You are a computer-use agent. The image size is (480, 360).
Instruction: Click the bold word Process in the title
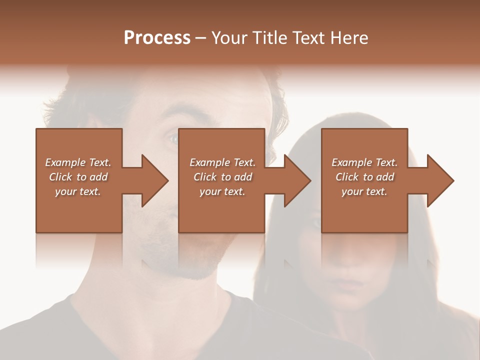click(x=157, y=38)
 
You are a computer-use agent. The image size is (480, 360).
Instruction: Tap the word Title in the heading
click(x=268, y=38)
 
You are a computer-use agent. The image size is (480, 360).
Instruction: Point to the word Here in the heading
click(x=349, y=38)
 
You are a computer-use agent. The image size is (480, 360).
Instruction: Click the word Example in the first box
click(x=65, y=162)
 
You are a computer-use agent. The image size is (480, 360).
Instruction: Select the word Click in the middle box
click(x=204, y=177)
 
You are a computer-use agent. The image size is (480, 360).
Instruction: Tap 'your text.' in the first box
click(x=78, y=191)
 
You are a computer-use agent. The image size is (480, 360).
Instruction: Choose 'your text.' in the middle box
click(x=222, y=191)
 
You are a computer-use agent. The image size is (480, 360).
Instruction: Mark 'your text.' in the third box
click(x=364, y=191)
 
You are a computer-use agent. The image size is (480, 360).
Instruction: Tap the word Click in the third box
click(x=347, y=177)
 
